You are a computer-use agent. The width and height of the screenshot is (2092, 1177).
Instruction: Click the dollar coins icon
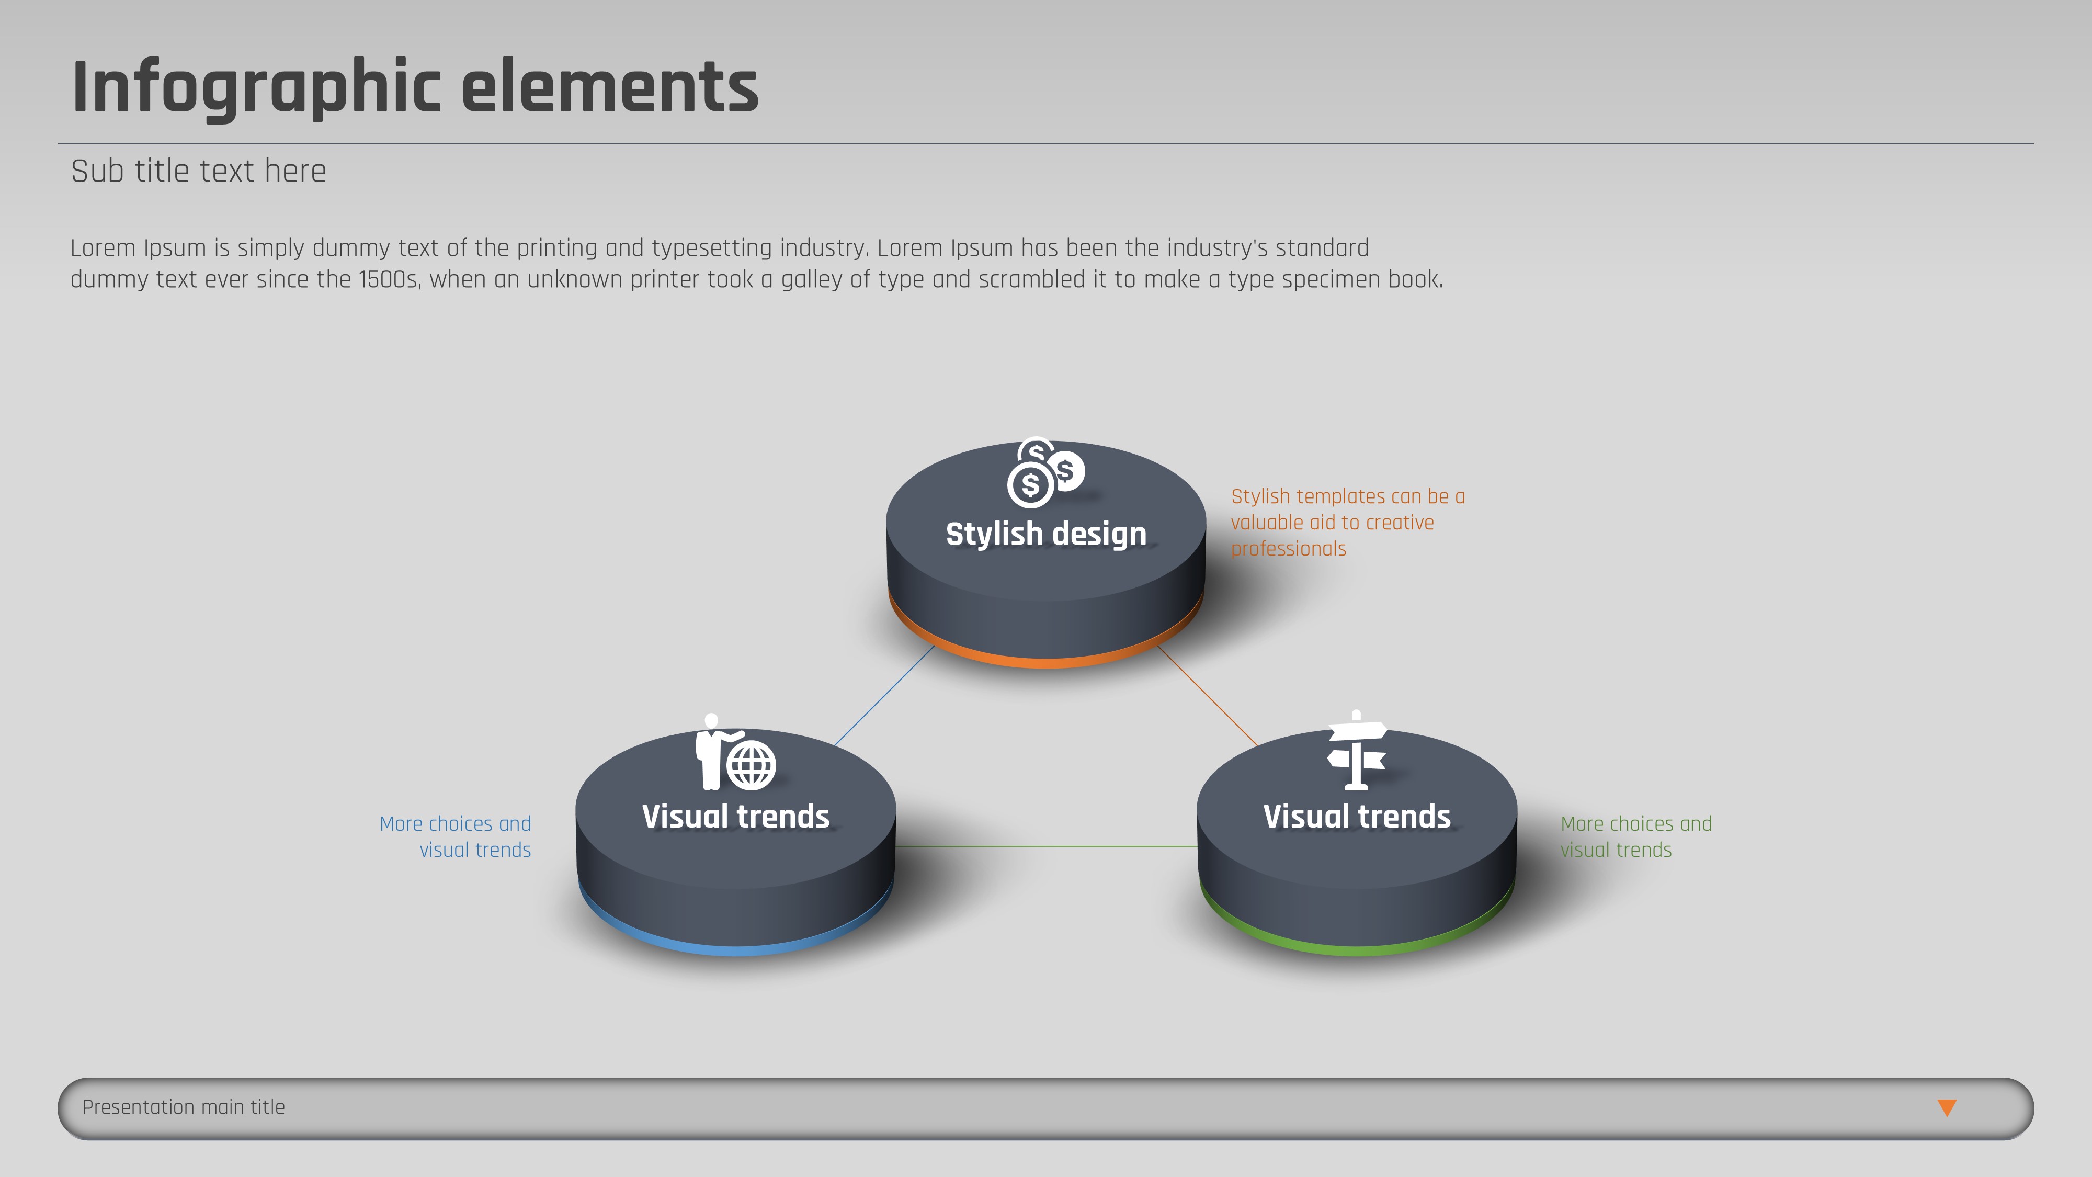pos(1045,473)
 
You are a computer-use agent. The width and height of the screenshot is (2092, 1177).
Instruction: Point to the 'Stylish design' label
pos(1046,534)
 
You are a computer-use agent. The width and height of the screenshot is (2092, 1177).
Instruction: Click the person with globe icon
pos(735,752)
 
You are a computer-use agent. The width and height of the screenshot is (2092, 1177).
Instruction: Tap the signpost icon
pos(1356,750)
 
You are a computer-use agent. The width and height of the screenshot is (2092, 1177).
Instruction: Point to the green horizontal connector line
pos(1046,846)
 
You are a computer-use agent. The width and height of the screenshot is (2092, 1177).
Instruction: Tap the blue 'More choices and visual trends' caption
pos(456,836)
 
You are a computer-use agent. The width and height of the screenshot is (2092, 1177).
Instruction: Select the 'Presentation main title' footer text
pos(184,1107)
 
